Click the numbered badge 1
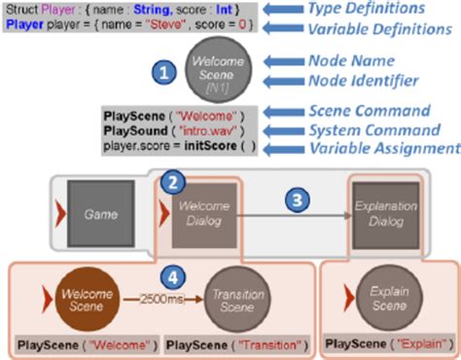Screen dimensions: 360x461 point(164,71)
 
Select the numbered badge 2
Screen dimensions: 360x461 point(171,181)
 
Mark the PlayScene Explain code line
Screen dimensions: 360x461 point(382,343)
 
